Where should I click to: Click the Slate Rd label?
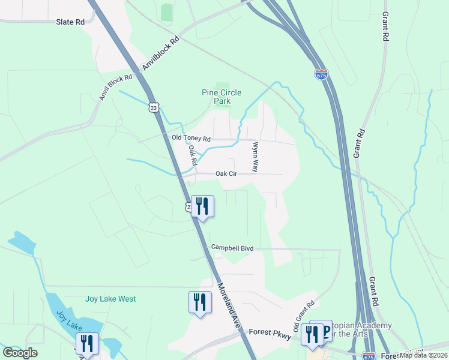pyautogui.click(x=70, y=22)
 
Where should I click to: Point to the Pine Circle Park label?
pyautogui.click(x=221, y=97)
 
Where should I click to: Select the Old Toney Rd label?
pyautogui.click(x=191, y=138)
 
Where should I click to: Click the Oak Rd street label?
pyautogui.click(x=193, y=155)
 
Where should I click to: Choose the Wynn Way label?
pyautogui.click(x=255, y=157)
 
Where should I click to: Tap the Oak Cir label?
pyautogui.click(x=226, y=173)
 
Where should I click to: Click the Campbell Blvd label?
pyautogui.click(x=232, y=247)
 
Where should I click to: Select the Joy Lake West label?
pyautogui.click(x=110, y=299)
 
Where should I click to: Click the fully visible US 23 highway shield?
pyautogui.click(x=154, y=107)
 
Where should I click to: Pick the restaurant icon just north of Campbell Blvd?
pyautogui.click(x=202, y=206)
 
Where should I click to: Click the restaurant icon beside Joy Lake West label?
pyautogui.click(x=200, y=302)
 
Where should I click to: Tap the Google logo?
pyautogui.click(x=20, y=353)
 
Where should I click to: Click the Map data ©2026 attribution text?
pyautogui.click(x=424, y=355)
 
